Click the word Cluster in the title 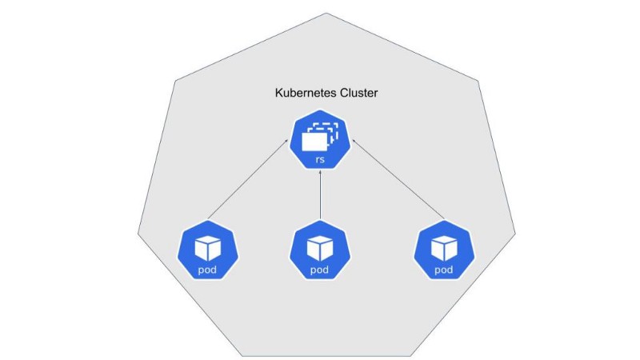click(356, 94)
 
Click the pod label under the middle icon click(320, 270)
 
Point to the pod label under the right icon click(443, 270)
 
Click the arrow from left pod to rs click(248, 180)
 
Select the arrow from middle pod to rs click(320, 196)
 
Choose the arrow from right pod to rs click(398, 180)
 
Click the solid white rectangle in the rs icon click(314, 142)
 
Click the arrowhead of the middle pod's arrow click(320, 177)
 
